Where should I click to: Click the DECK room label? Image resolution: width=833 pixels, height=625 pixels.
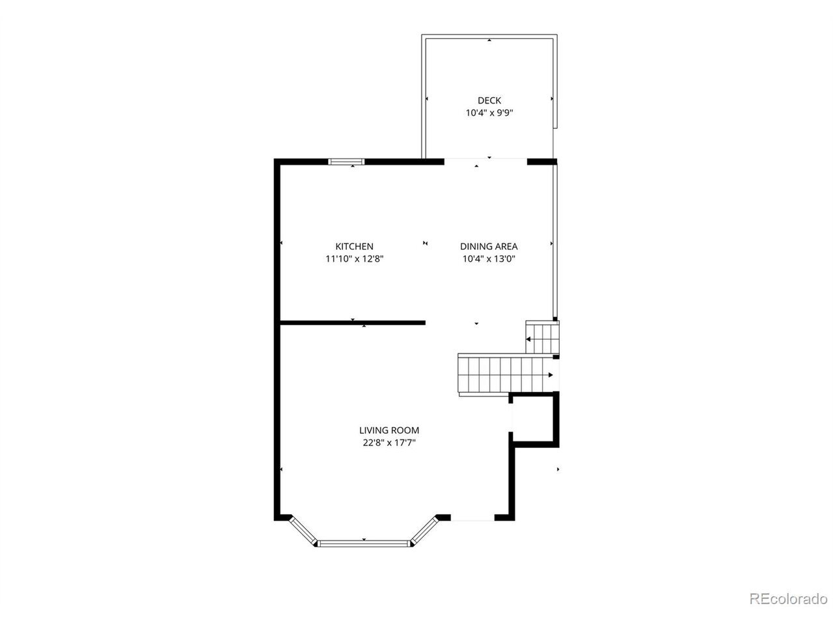click(x=489, y=100)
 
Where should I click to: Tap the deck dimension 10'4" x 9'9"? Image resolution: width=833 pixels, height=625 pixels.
click(x=489, y=113)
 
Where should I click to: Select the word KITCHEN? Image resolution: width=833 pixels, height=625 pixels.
click(x=354, y=247)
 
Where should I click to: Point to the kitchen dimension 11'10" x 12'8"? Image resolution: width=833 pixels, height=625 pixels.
click(x=355, y=259)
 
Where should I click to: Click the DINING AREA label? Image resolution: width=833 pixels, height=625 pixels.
click(x=489, y=247)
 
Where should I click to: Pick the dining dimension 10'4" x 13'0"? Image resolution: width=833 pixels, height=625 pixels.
click(x=489, y=259)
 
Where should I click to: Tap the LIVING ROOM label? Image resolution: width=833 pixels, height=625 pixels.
click(x=389, y=430)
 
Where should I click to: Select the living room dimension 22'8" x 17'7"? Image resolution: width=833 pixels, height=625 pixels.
click(x=389, y=443)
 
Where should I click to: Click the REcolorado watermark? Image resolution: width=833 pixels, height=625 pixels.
click(x=788, y=599)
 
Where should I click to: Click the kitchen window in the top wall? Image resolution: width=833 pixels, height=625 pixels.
click(x=346, y=161)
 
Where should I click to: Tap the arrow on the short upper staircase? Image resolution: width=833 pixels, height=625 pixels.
click(x=541, y=339)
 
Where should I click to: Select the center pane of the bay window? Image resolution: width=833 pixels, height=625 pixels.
click(x=364, y=544)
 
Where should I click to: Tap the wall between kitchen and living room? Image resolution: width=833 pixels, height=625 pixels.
click(x=353, y=323)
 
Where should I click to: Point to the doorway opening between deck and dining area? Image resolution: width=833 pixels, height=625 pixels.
click(x=485, y=161)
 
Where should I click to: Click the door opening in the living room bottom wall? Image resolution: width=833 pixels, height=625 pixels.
click(x=472, y=518)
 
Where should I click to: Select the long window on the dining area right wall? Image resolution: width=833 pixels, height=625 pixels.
click(x=555, y=242)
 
